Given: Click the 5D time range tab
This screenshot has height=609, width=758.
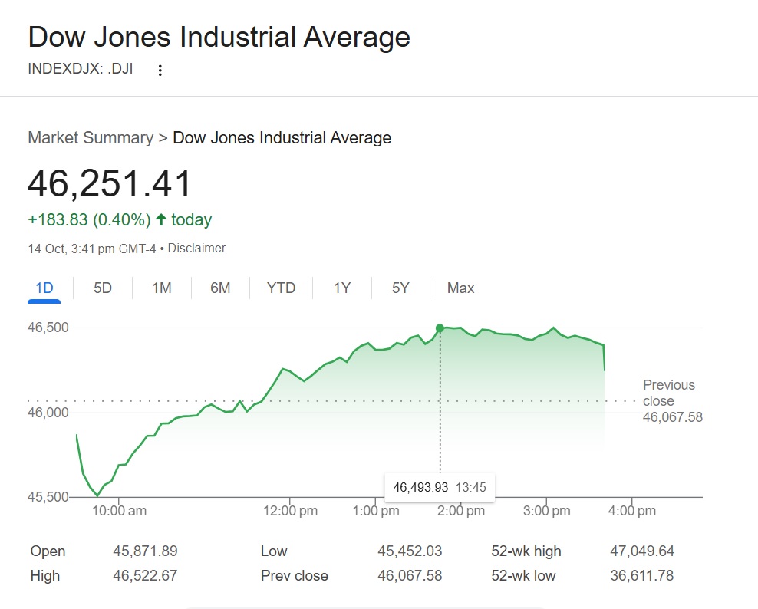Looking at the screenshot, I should (103, 288).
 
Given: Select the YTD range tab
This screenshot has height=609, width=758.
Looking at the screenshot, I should (281, 288).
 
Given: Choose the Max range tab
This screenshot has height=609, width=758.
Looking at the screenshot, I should (460, 288).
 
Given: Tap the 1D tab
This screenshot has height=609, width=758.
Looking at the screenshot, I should (44, 288).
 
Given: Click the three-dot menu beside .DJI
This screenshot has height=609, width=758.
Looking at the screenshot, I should (160, 71).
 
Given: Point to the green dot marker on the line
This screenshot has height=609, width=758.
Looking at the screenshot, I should (440, 328).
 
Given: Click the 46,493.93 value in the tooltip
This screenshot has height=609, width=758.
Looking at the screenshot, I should (420, 487).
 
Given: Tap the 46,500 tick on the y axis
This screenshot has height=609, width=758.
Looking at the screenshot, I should (48, 328).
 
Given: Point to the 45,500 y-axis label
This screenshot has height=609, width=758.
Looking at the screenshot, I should (48, 497).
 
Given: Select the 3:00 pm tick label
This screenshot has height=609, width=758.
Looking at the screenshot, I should (546, 511).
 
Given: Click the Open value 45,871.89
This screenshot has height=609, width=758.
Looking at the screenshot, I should (145, 551).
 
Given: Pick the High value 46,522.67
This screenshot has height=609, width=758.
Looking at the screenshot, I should (145, 575).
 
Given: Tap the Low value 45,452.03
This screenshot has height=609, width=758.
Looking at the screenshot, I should (410, 551).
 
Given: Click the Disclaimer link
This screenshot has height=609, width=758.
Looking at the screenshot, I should (196, 249).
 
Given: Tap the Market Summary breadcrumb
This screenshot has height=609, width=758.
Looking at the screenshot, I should (91, 138).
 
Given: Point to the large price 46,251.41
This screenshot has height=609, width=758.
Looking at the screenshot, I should (110, 184).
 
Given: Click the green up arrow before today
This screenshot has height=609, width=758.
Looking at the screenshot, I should (160, 220).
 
